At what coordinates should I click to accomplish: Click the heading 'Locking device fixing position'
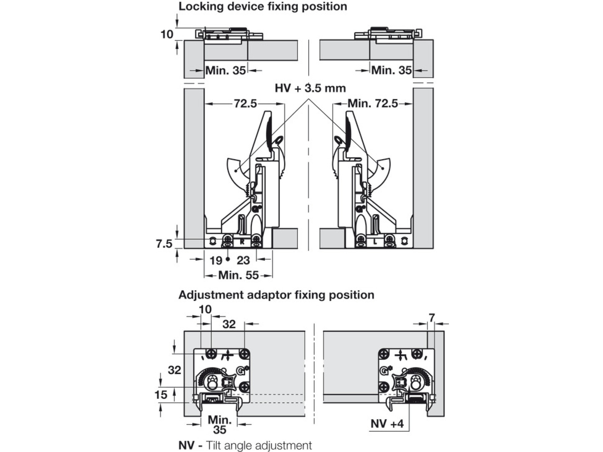(x=263, y=7)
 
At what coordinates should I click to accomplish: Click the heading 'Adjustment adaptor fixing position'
(x=276, y=295)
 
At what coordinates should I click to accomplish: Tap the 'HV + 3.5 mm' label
(x=310, y=88)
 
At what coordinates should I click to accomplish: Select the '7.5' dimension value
(x=164, y=244)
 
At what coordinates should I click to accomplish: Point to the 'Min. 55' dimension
(x=238, y=276)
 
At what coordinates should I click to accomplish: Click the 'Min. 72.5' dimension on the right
(x=372, y=103)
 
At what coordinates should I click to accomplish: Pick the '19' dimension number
(x=216, y=260)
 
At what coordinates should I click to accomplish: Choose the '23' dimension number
(x=243, y=260)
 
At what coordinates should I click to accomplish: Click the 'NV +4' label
(x=387, y=424)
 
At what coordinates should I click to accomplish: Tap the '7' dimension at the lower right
(x=431, y=317)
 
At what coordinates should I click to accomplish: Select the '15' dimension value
(x=161, y=395)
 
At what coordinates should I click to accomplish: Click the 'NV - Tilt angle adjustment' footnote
(x=245, y=446)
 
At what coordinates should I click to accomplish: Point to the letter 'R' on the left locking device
(x=242, y=242)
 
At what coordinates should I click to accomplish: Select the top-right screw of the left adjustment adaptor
(x=245, y=354)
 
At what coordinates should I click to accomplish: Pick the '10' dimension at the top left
(x=167, y=34)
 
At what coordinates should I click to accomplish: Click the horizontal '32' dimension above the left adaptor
(x=229, y=324)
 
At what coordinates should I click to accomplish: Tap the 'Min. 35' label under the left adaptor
(x=220, y=425)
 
